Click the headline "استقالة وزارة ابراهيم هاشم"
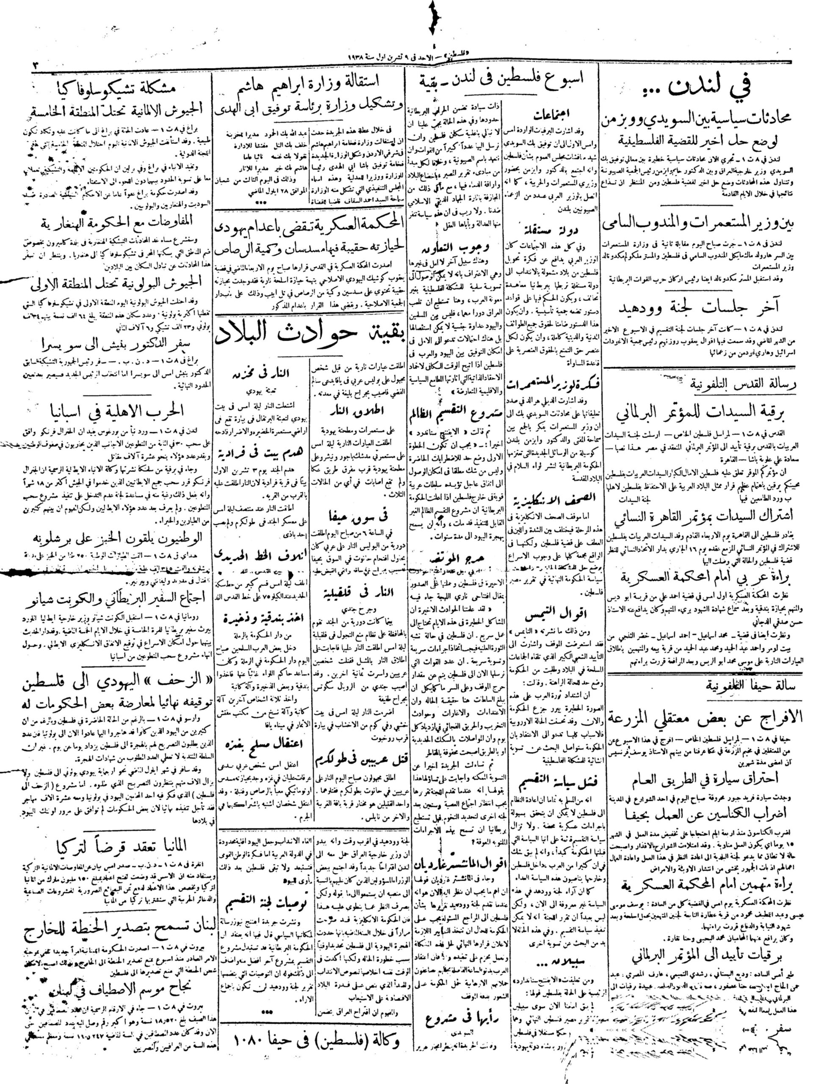(311, 80)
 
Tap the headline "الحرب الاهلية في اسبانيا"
(106, 410)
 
